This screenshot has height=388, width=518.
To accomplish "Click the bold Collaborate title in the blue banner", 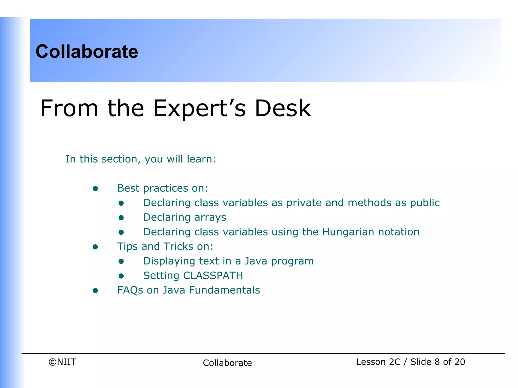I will tap(87, 52).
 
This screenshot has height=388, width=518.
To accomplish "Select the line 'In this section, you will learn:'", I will tap(141, 159).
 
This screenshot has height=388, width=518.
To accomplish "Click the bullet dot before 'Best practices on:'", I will tap(95, 189).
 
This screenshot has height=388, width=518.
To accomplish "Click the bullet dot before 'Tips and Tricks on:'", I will tap(95, 247).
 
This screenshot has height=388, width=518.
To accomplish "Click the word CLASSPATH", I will tap(213, 276).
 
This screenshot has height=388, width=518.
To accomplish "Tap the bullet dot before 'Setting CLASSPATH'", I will tap(121, 276).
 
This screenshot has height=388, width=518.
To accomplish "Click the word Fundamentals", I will tap(224, 290).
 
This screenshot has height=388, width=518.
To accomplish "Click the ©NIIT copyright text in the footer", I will tap(62, 362).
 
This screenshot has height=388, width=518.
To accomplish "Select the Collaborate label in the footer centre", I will tap(227, 363).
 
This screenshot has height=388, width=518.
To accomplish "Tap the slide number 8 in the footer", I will tap(437, 362).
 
